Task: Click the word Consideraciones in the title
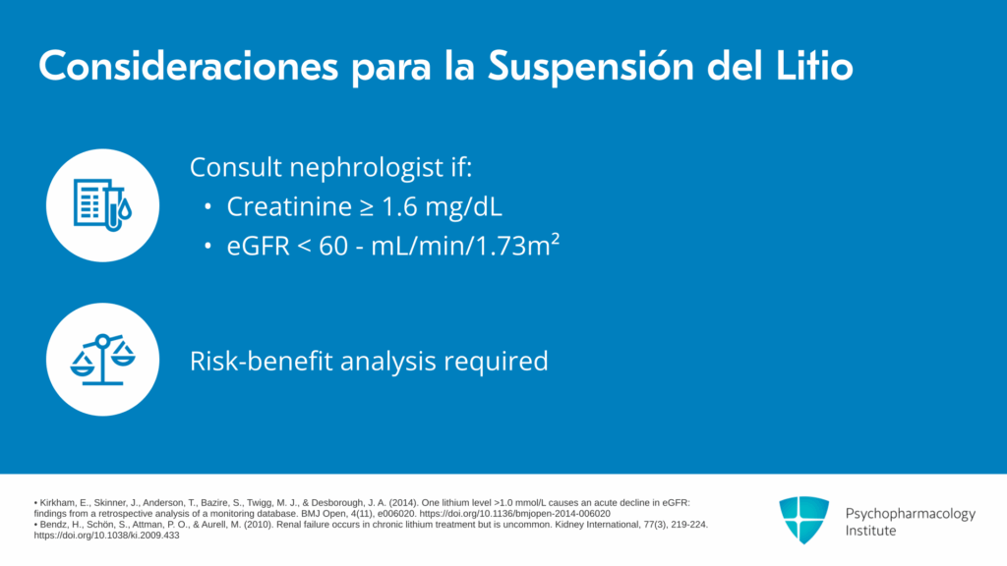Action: [x=188, y=66]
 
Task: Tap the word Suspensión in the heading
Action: [x=591, y=67]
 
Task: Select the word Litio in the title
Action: [x=814, y=66]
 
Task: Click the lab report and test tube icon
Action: [x=102, y=204]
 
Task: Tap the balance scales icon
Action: [x=102, y=360]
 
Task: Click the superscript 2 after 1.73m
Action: [x=556, y=239]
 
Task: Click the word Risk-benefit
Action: [x=261, y=361]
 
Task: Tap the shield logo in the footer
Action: [x=804, y=520]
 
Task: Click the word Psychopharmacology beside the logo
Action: [x=910, y=514]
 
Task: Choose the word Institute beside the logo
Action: [x=870, y=531]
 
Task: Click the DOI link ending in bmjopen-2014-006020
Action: [x=515, y=514]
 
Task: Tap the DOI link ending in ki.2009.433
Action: [x=106, y=536]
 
